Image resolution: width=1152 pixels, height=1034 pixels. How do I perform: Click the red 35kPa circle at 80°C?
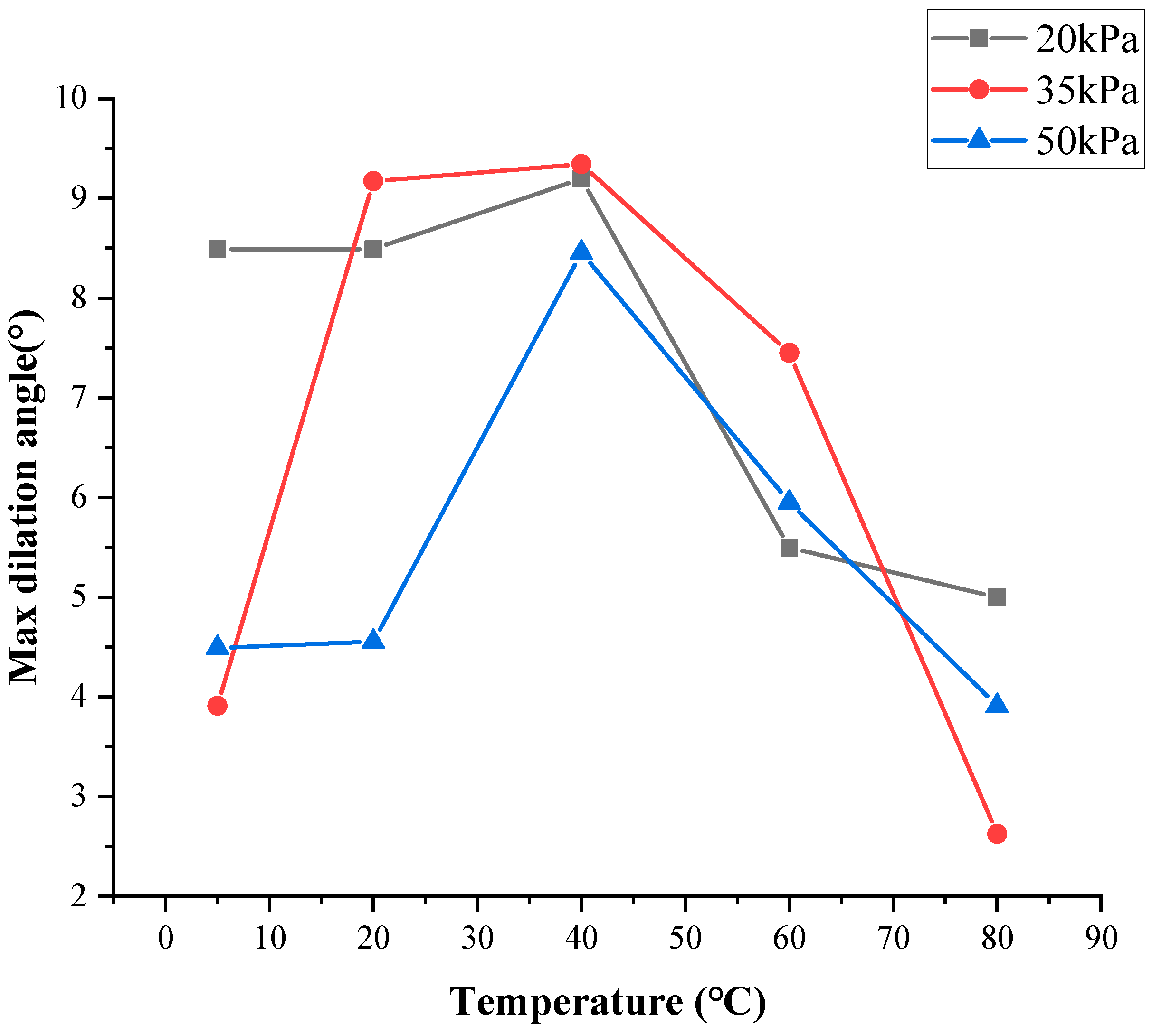[997, 834]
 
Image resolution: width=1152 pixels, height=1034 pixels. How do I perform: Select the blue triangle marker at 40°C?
[581, 251]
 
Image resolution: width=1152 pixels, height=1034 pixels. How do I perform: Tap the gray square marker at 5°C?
[217, 249]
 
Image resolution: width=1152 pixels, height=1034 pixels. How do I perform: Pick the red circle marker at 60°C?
[789, 353]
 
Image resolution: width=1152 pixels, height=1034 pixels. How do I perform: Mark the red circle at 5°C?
[217, 706]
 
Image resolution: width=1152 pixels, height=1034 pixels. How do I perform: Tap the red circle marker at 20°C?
[373, 181]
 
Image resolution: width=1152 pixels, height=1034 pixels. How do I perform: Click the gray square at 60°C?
[789, 548]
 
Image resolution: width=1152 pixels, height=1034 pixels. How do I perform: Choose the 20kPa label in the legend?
[1086, 40]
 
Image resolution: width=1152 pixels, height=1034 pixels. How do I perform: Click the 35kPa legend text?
[1086, 90]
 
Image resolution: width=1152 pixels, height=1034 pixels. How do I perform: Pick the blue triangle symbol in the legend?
[979, 139]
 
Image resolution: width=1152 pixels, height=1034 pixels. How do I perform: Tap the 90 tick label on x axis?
[1101, 939]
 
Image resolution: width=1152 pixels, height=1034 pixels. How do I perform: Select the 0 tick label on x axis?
[165, 939]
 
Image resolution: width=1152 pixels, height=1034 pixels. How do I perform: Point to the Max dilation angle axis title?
[24, 497]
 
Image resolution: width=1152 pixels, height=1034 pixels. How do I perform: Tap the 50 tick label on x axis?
[685, 939]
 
